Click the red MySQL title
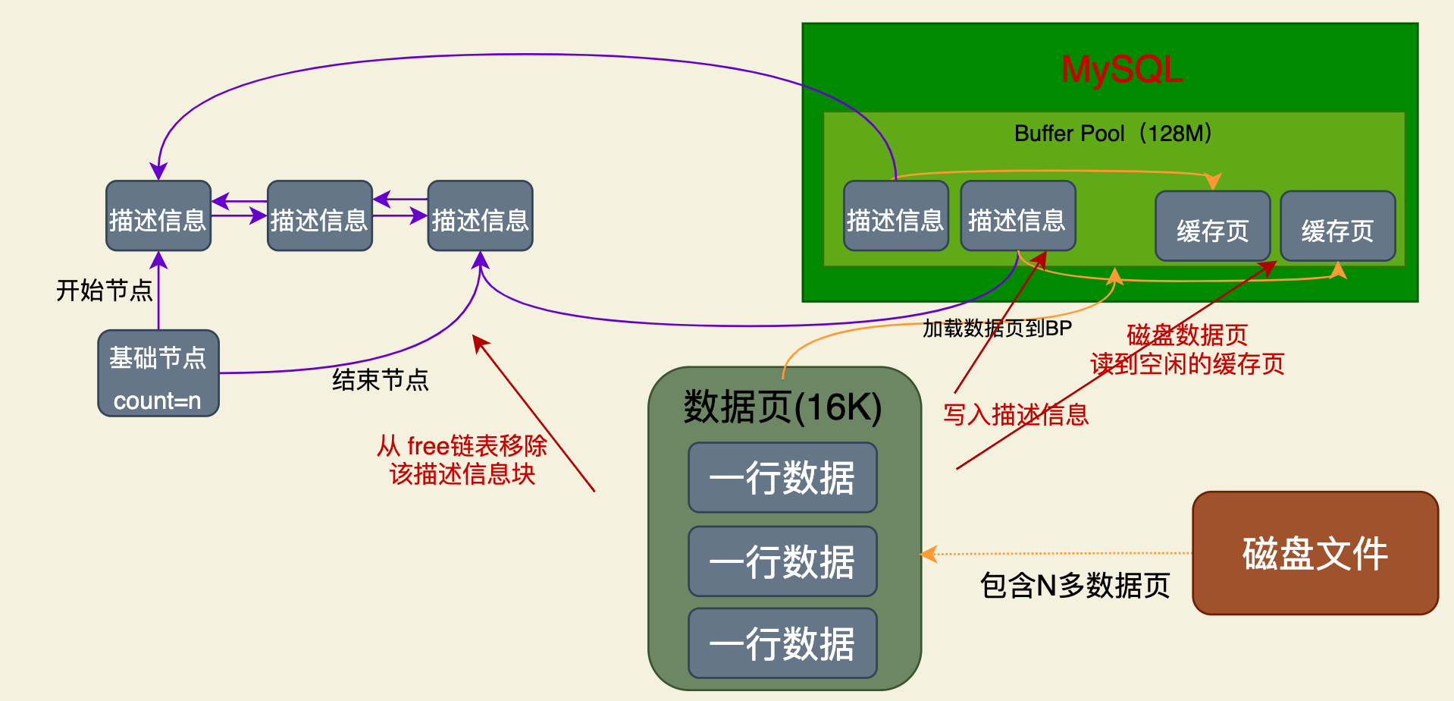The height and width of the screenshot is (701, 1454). pos(1121,70)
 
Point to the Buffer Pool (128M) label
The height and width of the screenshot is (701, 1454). pos(1112,134)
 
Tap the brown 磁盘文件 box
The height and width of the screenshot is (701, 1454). pos(1315,553)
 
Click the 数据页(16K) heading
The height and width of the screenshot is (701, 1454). pos(782,407)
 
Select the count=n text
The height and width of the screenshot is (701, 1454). pos(158,401)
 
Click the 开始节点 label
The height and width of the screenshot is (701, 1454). pos(105,290)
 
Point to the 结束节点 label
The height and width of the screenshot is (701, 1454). pos(381,379)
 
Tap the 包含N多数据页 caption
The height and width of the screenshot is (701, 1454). pos(1075,586)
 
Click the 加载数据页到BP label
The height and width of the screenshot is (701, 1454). pos(997,328)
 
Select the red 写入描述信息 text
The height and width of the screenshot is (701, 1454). pos(1016,415)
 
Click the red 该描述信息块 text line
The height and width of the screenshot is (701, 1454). pos(462,474)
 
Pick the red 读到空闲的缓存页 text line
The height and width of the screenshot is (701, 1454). pos(1187,364)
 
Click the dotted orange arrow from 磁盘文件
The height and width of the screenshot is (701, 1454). pos(1061,554)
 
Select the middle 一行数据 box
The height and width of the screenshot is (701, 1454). pos(782,561)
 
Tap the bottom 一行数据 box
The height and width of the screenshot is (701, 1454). pos(782,643)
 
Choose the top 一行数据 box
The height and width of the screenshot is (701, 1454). pos(782,478)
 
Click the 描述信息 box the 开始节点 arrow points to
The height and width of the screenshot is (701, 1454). pos(158,216)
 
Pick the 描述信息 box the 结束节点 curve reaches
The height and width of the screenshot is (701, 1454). pos(480,216)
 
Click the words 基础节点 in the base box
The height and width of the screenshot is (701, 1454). pos(158,357)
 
